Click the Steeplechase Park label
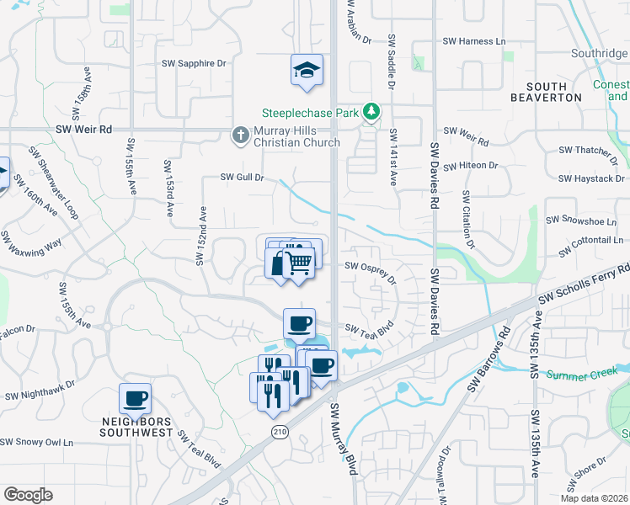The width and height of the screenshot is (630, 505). tap(309, 112)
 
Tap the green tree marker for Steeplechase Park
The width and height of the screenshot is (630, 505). tap(370, 112)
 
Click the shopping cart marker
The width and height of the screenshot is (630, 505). tap(300, 263)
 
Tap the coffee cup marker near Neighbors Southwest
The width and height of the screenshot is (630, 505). tap(136, 398)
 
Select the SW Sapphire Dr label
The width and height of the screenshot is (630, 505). tap(195, 63)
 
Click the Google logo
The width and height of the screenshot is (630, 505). tap(28, 495)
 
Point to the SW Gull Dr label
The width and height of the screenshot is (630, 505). tap(243, 178)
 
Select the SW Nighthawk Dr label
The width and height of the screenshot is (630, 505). tap(40, 390)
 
